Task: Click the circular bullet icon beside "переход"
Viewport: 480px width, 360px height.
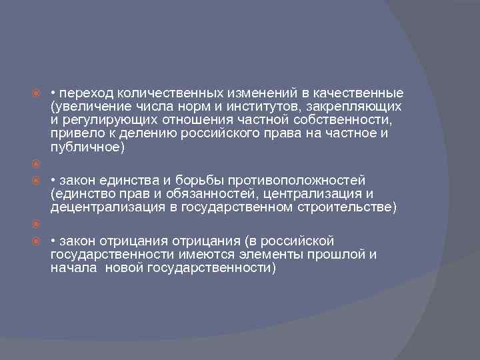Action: click(38, 93)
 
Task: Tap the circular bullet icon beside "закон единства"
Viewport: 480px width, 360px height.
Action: click(38, 181)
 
